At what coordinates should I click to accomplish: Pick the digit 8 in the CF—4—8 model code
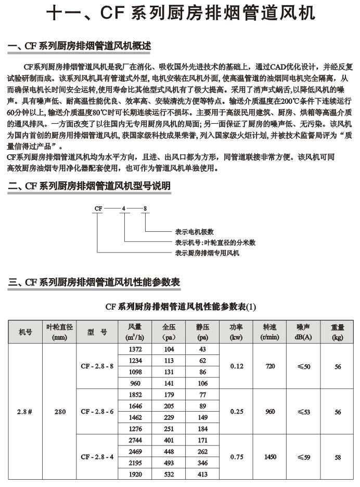click(x=145, y=208)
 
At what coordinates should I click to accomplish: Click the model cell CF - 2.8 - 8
click(x=97, y=366)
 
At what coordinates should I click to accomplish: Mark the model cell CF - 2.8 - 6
click(x=97, y=412)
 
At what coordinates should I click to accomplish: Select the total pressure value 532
click(x=169, y=475)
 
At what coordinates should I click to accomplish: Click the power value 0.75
click(x=237, y=457)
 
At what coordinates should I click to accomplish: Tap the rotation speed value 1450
click(x=270, y=457)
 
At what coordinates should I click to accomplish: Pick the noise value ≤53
click(x=303, y=412)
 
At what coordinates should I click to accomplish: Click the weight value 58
click(x=338, y=457)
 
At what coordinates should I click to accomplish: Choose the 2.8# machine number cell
click(x=25, y=412)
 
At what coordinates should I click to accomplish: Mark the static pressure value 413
click(x=203, y=475)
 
